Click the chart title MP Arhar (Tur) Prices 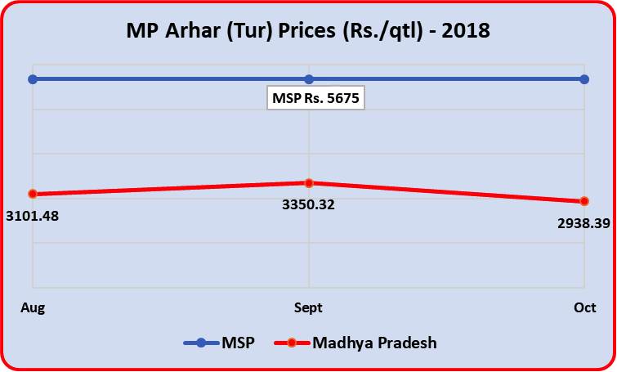pos(307,32)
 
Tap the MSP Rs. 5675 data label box pos(315,98)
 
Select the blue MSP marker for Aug pos(33,79)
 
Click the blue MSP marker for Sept pos(309,79)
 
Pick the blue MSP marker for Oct pos(584,79)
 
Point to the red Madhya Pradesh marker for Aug pos(33,194)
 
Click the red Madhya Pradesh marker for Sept pos(309,183)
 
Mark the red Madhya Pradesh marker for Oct pos(584,201)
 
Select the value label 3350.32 pos(308,204)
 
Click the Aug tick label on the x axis pos(33,307)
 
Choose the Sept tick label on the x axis pos(308,307)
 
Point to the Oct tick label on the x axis pos(584,307)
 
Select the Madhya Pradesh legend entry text pos(374,343)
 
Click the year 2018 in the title pos(465,32)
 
